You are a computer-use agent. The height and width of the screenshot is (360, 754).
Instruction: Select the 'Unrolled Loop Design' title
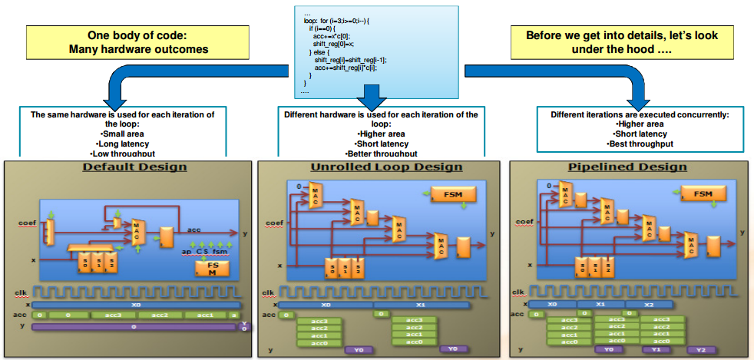tap(375, 167)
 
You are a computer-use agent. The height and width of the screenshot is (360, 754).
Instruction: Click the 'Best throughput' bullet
tap(640, 144)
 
